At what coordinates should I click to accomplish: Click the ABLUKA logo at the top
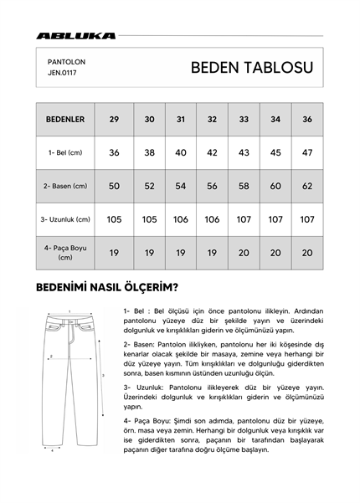pos(75,36)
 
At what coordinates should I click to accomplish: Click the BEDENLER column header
pos(65,120)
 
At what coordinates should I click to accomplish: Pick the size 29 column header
pos(114,120)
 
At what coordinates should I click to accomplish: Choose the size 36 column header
pos(306,120)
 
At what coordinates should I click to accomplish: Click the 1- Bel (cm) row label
pos(65,153)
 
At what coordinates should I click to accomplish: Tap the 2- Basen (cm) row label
pos(65,186)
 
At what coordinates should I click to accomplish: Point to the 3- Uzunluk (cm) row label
pos(65,219)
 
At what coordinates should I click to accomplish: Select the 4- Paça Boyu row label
pos(65,253)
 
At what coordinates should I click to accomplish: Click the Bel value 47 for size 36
pos(306,153)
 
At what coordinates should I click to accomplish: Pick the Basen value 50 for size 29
pos(114,186)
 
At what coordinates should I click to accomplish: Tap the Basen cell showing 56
pos(212,186)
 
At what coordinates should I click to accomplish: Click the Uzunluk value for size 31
pos(181,219)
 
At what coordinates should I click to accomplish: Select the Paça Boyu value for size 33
pos(244,253)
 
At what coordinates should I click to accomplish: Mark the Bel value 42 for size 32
pos(212,153)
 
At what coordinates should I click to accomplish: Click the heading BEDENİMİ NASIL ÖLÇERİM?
pos(106,289)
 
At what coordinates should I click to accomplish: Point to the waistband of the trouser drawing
pos(69,321)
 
